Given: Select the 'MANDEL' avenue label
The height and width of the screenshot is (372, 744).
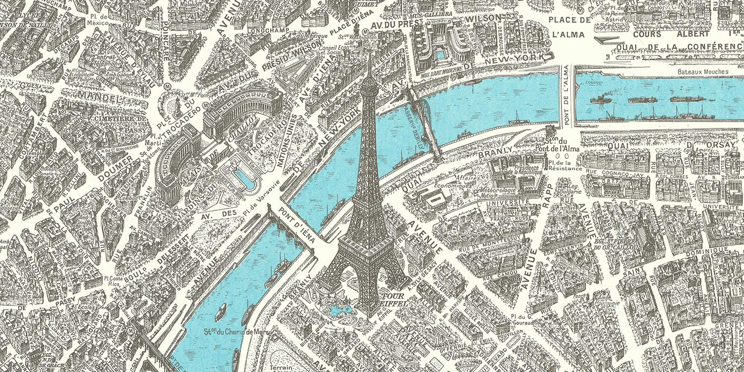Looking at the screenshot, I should (x=100, y=97).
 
